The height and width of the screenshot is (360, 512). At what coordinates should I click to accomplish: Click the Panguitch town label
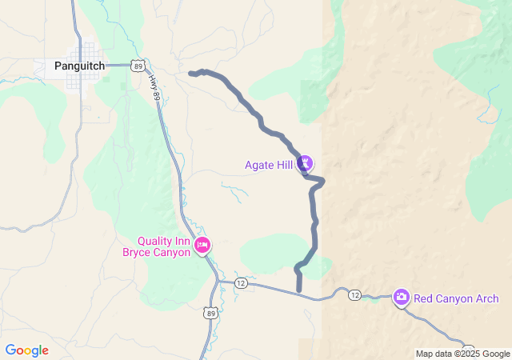point(80,66)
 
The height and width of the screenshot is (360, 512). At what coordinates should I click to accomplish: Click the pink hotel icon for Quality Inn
point(202,245)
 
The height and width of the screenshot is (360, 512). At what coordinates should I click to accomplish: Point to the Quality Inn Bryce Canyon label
point(157,246)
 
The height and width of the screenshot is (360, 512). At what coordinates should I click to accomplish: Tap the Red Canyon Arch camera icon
point(402,298)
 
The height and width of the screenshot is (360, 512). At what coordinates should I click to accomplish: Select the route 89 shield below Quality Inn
point(210,314)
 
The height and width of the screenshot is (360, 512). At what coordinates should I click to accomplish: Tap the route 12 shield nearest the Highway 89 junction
point(242,283)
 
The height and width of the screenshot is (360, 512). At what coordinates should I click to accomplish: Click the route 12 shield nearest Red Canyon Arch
point(354,295)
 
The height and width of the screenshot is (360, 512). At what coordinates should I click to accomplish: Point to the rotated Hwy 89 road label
point(154,87)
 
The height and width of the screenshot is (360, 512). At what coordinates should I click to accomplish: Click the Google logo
point(26,350)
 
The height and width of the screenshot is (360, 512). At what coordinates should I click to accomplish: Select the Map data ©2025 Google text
point(462,354)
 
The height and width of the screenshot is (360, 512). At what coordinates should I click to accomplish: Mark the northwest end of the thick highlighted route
point(190,74)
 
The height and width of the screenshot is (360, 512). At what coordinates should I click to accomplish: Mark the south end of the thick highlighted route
point(299,289)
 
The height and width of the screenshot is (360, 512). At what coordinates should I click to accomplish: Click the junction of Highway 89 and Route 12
point(218,281)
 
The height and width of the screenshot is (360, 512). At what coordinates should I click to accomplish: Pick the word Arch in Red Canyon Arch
point(487,299)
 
